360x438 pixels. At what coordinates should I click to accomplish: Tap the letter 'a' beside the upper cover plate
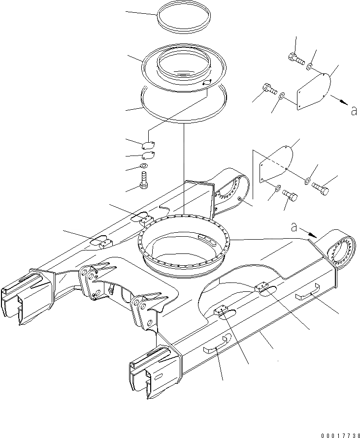(353, 111)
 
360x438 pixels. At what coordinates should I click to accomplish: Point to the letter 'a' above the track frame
(294, 227)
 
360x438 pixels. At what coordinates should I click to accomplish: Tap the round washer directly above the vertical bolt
(144, 167)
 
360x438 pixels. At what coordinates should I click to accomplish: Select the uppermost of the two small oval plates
(148, 145)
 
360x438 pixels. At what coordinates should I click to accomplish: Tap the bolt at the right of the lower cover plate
(320, 188)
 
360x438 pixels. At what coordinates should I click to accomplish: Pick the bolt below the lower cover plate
(291, 198)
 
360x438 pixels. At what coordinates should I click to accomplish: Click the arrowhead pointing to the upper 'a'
(343, 103)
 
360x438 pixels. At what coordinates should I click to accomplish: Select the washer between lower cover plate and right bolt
(307, 181)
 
